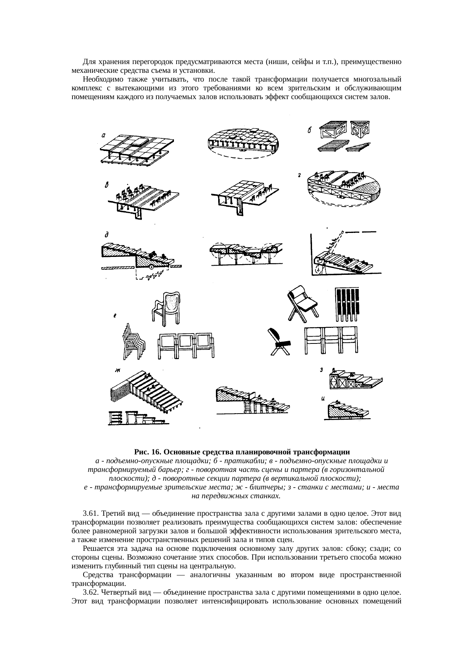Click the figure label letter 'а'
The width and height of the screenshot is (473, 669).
[x=104, y=134]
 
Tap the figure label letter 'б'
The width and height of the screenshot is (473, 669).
[x=310, y=131]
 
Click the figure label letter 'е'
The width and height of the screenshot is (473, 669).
[x=115, y=316]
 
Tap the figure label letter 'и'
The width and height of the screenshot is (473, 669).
[x=323, y=399]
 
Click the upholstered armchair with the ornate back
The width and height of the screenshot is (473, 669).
[x=167, y=308]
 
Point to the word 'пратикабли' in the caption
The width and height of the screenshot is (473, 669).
[x=249, y=461]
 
